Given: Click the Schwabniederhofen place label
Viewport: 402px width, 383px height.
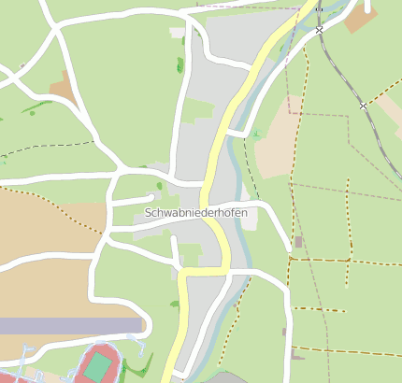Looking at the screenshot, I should (x=196, y=213).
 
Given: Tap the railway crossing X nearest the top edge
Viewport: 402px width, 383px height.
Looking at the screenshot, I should (x=320, y=30).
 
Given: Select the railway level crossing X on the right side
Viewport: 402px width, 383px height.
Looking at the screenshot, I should (x=363, y=106).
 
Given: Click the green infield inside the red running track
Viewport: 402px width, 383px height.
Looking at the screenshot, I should (x=98, y=366).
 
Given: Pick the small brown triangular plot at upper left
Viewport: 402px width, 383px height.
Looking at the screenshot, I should (x=63, y=88).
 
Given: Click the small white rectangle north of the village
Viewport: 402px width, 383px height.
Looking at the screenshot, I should (x=177, y=33).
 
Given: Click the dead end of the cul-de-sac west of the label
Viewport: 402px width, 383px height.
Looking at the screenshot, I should (x=151, y=197).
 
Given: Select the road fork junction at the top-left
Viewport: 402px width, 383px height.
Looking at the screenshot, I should (x=54, y=27).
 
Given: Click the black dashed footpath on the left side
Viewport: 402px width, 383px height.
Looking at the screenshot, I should (x=47, y=147).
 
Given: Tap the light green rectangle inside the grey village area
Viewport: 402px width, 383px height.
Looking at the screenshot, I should (x=197, y=111).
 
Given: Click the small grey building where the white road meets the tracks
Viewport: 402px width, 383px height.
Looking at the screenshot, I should (x=298, y=242).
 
